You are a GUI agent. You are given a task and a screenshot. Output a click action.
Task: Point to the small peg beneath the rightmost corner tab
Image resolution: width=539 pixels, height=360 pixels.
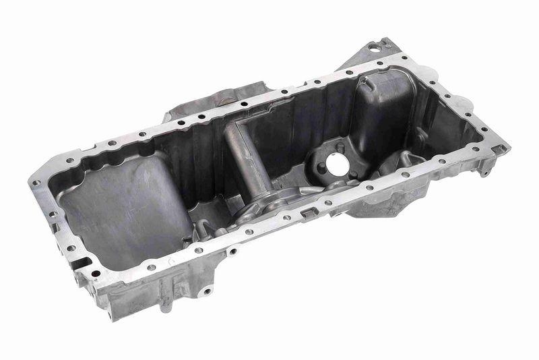click(484, 173)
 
